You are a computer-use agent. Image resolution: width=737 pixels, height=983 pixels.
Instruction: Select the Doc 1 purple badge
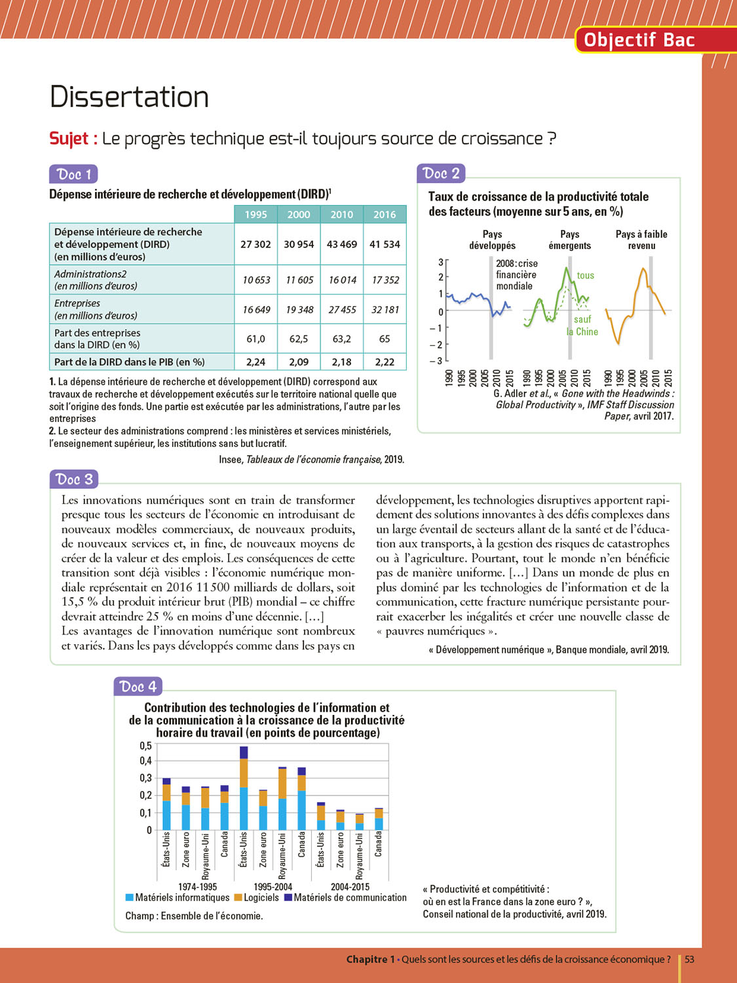click(73, 174)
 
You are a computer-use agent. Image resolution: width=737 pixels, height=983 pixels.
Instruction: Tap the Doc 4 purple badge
click(138, 686)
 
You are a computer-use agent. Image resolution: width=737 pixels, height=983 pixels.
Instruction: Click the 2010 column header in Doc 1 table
click(341, 214)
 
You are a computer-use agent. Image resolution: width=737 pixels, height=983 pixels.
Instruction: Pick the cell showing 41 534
click(385, 244)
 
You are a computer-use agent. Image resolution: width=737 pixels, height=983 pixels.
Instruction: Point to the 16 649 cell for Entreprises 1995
click(256, 309)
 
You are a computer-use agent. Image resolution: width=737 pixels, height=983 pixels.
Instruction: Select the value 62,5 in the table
click(299, 339)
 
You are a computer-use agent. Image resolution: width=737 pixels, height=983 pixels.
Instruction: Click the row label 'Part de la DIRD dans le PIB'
click(130, 362)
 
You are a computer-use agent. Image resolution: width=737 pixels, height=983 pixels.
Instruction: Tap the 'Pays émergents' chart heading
click(569, 240)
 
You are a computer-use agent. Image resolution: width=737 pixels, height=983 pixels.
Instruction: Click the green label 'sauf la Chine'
click(582, 326)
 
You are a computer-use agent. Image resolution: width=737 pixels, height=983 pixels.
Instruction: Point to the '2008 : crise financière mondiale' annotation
click(516, 275)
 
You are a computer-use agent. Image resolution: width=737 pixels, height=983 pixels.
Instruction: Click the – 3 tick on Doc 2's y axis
click(436, 360)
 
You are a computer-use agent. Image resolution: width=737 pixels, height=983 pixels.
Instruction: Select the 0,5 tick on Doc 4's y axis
click(145, 746)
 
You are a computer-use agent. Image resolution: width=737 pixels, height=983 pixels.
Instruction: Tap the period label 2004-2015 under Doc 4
click(350, 887)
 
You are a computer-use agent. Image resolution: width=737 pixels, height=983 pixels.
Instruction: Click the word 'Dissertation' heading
click(129, 97)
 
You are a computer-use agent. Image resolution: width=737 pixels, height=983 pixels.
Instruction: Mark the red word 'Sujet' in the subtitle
click(69, 139)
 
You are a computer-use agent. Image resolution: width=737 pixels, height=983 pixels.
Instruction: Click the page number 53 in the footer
click(689, 959)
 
